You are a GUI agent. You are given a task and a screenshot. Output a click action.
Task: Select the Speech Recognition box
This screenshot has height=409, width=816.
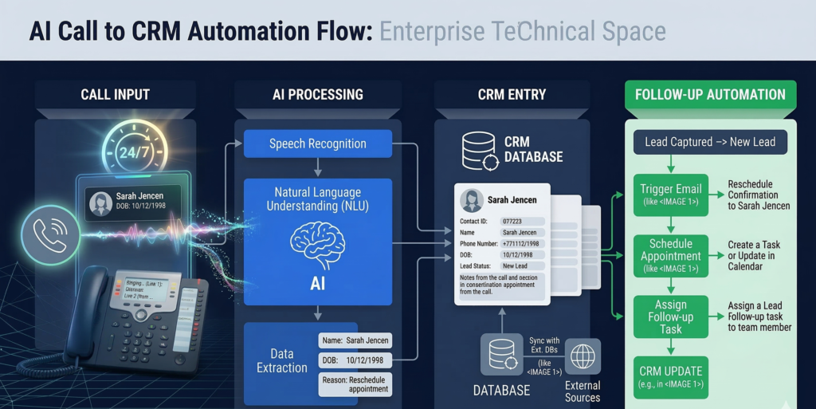click(317, 144)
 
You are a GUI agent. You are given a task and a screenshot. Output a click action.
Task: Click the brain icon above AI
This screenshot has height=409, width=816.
click(317, 242)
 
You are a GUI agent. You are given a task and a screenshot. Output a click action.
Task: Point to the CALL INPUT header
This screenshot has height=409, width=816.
click(116, 95)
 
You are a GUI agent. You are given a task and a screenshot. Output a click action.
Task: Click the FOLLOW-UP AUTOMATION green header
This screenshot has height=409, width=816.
click(710, 95)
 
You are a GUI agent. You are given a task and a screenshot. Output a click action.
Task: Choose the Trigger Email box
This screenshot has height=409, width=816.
click(670, 195)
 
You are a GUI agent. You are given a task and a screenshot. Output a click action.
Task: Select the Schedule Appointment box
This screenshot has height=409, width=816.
click(670, 256)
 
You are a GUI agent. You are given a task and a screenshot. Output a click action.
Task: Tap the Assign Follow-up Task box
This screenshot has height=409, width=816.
click(670, 317)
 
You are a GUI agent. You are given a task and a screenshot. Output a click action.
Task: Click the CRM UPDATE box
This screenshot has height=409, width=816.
click(670, 377)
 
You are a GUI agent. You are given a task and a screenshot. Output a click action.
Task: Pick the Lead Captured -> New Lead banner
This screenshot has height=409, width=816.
click(710, 142)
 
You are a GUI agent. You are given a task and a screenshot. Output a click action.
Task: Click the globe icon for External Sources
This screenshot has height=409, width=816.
click(583, 356)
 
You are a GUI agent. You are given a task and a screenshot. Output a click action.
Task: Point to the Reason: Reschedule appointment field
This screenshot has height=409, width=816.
click(355, 384)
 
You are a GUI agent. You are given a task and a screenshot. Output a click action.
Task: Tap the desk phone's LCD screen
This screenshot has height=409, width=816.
click(143, 289)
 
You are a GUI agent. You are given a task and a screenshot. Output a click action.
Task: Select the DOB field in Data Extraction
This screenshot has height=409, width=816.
click(355, 360)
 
